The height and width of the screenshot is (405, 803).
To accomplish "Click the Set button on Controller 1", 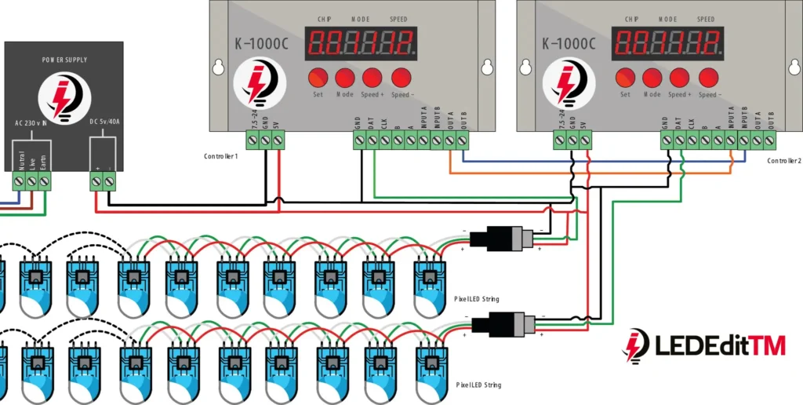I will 318,77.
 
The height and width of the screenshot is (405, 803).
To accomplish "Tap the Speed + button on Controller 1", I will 372,77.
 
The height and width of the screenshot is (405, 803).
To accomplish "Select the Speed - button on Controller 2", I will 708,77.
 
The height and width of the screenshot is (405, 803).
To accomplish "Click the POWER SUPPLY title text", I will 64,60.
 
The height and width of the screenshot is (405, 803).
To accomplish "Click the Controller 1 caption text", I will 221,157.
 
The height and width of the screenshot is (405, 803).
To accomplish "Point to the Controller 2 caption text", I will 783,161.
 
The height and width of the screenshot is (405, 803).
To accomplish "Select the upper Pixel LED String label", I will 477,299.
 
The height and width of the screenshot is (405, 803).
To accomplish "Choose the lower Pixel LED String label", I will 477,385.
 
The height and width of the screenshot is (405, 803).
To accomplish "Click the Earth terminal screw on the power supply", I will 44,181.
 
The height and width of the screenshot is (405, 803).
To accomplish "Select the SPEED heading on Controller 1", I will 398,19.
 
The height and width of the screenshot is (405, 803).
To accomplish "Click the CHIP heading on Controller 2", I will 631,19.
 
